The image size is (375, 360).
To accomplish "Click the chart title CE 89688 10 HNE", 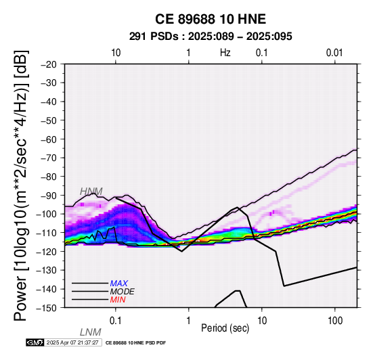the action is click(x=211, y=19).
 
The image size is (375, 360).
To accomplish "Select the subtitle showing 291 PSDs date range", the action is click(x=211, y=37).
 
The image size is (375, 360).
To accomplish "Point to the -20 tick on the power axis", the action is click(x=49, y=64).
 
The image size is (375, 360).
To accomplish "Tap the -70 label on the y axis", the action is click(x=49, y=158).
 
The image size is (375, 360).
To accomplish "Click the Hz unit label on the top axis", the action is click(x=225, y=53).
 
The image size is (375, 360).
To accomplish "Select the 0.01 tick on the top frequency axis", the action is click(x=334, y=53).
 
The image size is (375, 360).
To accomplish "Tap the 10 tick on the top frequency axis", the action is click(x=116, y=53).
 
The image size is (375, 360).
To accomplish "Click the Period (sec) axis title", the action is click(x=225, y=328).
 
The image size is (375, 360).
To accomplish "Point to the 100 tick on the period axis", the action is click(x=335, y=321).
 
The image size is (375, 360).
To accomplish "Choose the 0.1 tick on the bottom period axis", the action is click(x=115, y=321).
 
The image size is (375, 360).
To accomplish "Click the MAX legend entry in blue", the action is click(x=119, y=284).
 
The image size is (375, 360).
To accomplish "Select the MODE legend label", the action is click(x=123, y=292).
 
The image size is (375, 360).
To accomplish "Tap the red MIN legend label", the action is click(x=118, y=300).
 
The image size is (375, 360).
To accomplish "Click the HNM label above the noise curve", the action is click(x=91, y=192).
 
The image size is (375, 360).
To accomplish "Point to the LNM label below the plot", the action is click(x=91, y=332).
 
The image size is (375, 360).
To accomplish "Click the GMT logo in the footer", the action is click(x=35, y=342).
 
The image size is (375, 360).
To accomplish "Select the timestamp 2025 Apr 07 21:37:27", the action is click(x=72, y=342).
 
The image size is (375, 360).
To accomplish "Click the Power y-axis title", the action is click(x=20, y=185).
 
